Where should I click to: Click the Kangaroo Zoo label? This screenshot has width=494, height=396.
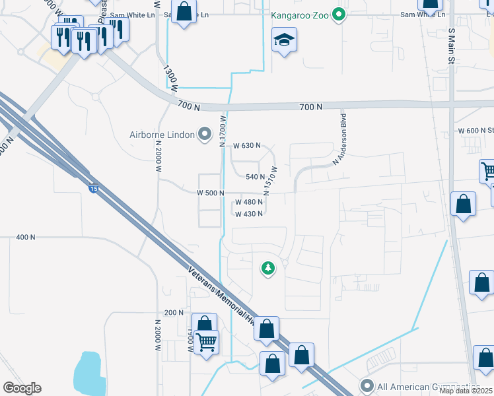300,14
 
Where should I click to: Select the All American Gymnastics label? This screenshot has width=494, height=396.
427,386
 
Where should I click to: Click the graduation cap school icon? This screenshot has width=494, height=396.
284,42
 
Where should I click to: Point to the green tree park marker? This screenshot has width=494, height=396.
267,269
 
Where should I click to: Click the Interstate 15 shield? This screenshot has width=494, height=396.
94,188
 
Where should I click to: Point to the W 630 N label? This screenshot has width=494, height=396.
247,145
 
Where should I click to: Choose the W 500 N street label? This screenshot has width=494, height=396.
211,193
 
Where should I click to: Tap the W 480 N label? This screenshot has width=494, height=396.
249,203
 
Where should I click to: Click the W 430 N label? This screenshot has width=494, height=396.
249,214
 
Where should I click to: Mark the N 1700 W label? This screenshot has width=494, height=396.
223,128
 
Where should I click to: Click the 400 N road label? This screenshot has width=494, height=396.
26,237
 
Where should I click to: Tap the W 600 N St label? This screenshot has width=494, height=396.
476,131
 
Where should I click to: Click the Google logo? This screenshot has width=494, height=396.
22,388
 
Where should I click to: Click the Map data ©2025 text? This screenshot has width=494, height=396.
466,391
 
